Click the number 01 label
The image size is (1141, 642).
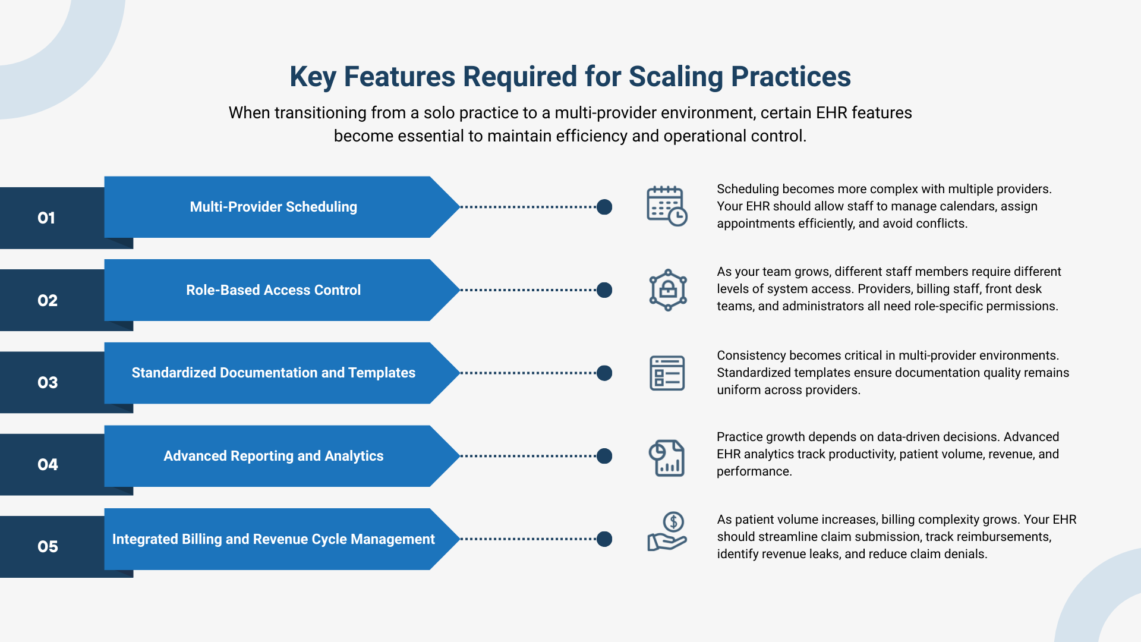click(46, 218)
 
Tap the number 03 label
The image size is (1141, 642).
click(48, 383)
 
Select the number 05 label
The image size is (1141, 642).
click(48, 547)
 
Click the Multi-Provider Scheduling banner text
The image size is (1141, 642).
click(273, 207)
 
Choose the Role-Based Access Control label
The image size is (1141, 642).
click(273, 290)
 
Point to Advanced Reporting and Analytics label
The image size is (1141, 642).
click(273, 456)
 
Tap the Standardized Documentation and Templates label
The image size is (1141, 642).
click(273, 373)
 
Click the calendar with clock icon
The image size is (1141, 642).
click(667, 206)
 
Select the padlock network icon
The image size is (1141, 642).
click(667, 290)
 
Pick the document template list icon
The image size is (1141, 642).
click(667, 373)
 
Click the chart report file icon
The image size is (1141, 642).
click(667, 458)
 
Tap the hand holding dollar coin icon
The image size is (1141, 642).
click(667, 532)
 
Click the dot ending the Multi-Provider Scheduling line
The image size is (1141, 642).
click(604, 207)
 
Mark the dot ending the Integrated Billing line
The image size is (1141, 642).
click(604, 539)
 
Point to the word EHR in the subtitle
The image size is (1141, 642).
click(831, 113)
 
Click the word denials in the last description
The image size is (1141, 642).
click(965, 554)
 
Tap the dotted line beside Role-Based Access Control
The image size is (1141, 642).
click(529, 290)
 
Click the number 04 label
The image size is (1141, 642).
click(48, 465)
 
